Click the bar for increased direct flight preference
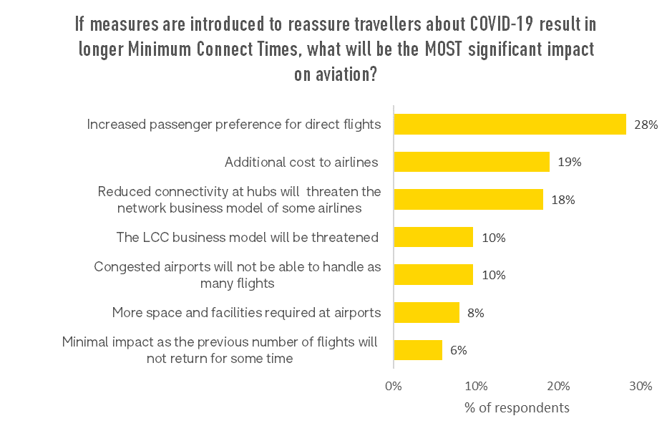(510, 125)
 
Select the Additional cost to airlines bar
(472, 162)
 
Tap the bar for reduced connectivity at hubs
(468, 200)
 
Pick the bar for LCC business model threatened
(433, 237)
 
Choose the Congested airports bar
(433, 275)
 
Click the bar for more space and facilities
(427, 312)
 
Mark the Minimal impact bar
(418, 350)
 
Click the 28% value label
(646, 125)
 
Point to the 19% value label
(570, 162)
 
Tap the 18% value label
(563, 200)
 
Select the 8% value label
(476, 312)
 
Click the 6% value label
(459, 350)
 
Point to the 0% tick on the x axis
(394, 386)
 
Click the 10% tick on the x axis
(476, 386)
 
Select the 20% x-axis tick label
(558, 386)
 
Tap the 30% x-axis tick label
(641, 386)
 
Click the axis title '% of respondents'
(517, 407)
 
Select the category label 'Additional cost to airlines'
(301, 163)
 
